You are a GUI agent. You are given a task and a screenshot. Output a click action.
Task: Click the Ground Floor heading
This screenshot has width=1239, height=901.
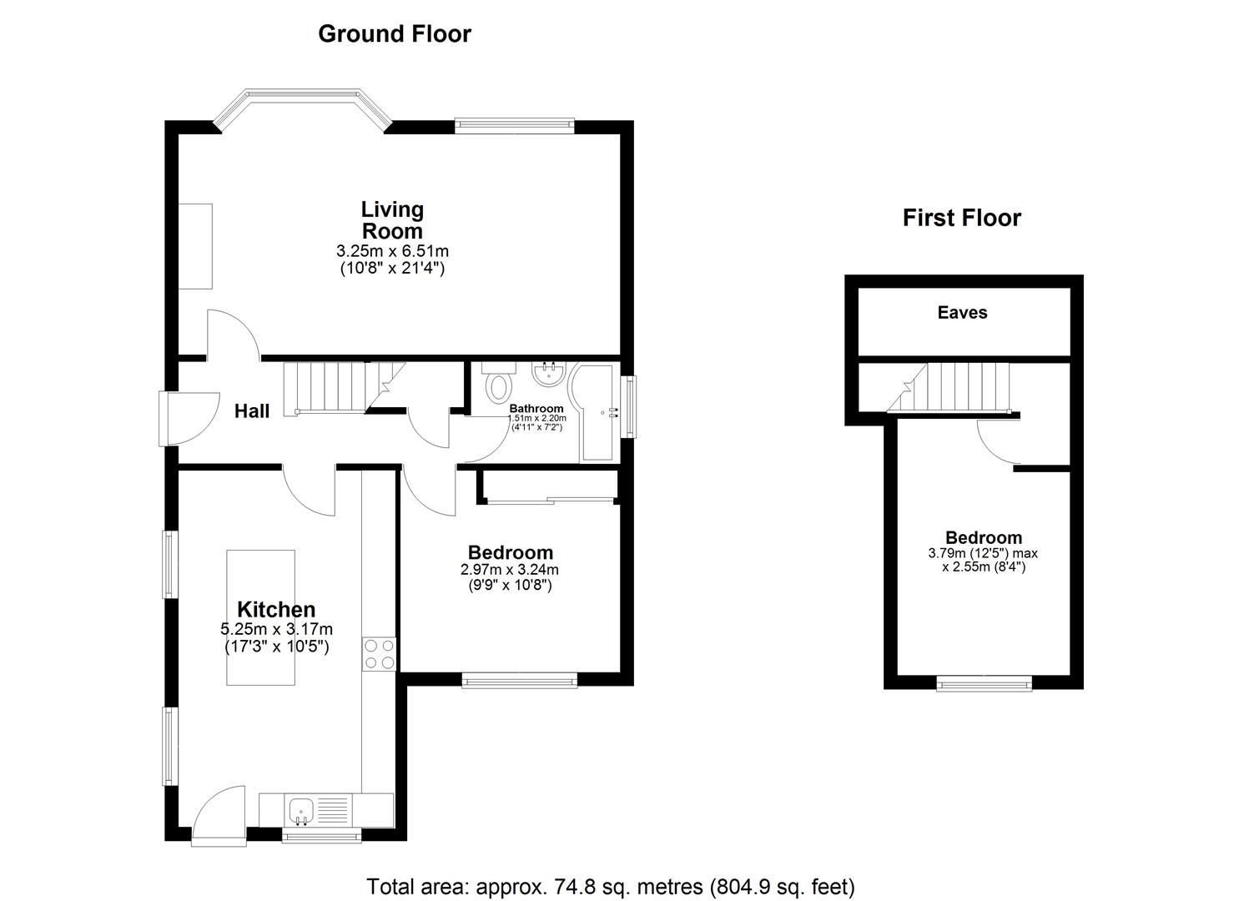[395, 33]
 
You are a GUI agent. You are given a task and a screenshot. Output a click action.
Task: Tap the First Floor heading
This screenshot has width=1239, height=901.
[961, 218]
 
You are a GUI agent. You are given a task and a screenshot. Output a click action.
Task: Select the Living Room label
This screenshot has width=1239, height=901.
[392, 220]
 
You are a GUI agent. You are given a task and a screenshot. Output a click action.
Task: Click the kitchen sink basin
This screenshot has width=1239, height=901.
[301, 811]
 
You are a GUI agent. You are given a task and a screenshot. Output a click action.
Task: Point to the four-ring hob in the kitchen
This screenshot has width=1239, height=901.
[379, 654]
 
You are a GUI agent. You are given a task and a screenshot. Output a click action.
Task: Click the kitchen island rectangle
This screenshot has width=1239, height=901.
[260, 617]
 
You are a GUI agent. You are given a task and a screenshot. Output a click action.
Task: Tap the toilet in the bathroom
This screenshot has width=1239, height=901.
[498, 381]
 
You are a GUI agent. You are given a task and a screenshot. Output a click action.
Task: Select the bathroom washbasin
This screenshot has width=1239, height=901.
[548, 373]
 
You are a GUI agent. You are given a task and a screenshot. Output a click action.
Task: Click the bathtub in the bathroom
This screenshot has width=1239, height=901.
[595, 412]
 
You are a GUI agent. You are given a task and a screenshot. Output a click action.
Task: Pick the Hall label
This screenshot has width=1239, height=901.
[252, 411]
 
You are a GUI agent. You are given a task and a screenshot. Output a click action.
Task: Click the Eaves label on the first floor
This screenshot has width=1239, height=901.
[963, 313]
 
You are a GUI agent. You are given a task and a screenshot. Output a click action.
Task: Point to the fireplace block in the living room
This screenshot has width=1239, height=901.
[195, 246]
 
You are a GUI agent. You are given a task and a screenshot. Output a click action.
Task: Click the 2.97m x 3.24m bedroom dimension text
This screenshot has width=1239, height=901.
[510, 569]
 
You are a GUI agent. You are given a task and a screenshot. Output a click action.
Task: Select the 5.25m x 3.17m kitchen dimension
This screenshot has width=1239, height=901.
[276, 629]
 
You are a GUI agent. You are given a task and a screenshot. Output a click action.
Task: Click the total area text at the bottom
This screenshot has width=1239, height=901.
[611, 887]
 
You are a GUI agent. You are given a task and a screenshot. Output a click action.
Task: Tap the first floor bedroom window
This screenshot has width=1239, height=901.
[985, 683]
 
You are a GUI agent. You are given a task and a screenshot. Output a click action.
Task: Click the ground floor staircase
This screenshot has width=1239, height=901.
[344, 388]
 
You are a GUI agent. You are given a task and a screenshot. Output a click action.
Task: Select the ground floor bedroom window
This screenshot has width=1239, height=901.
[520, 680]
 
